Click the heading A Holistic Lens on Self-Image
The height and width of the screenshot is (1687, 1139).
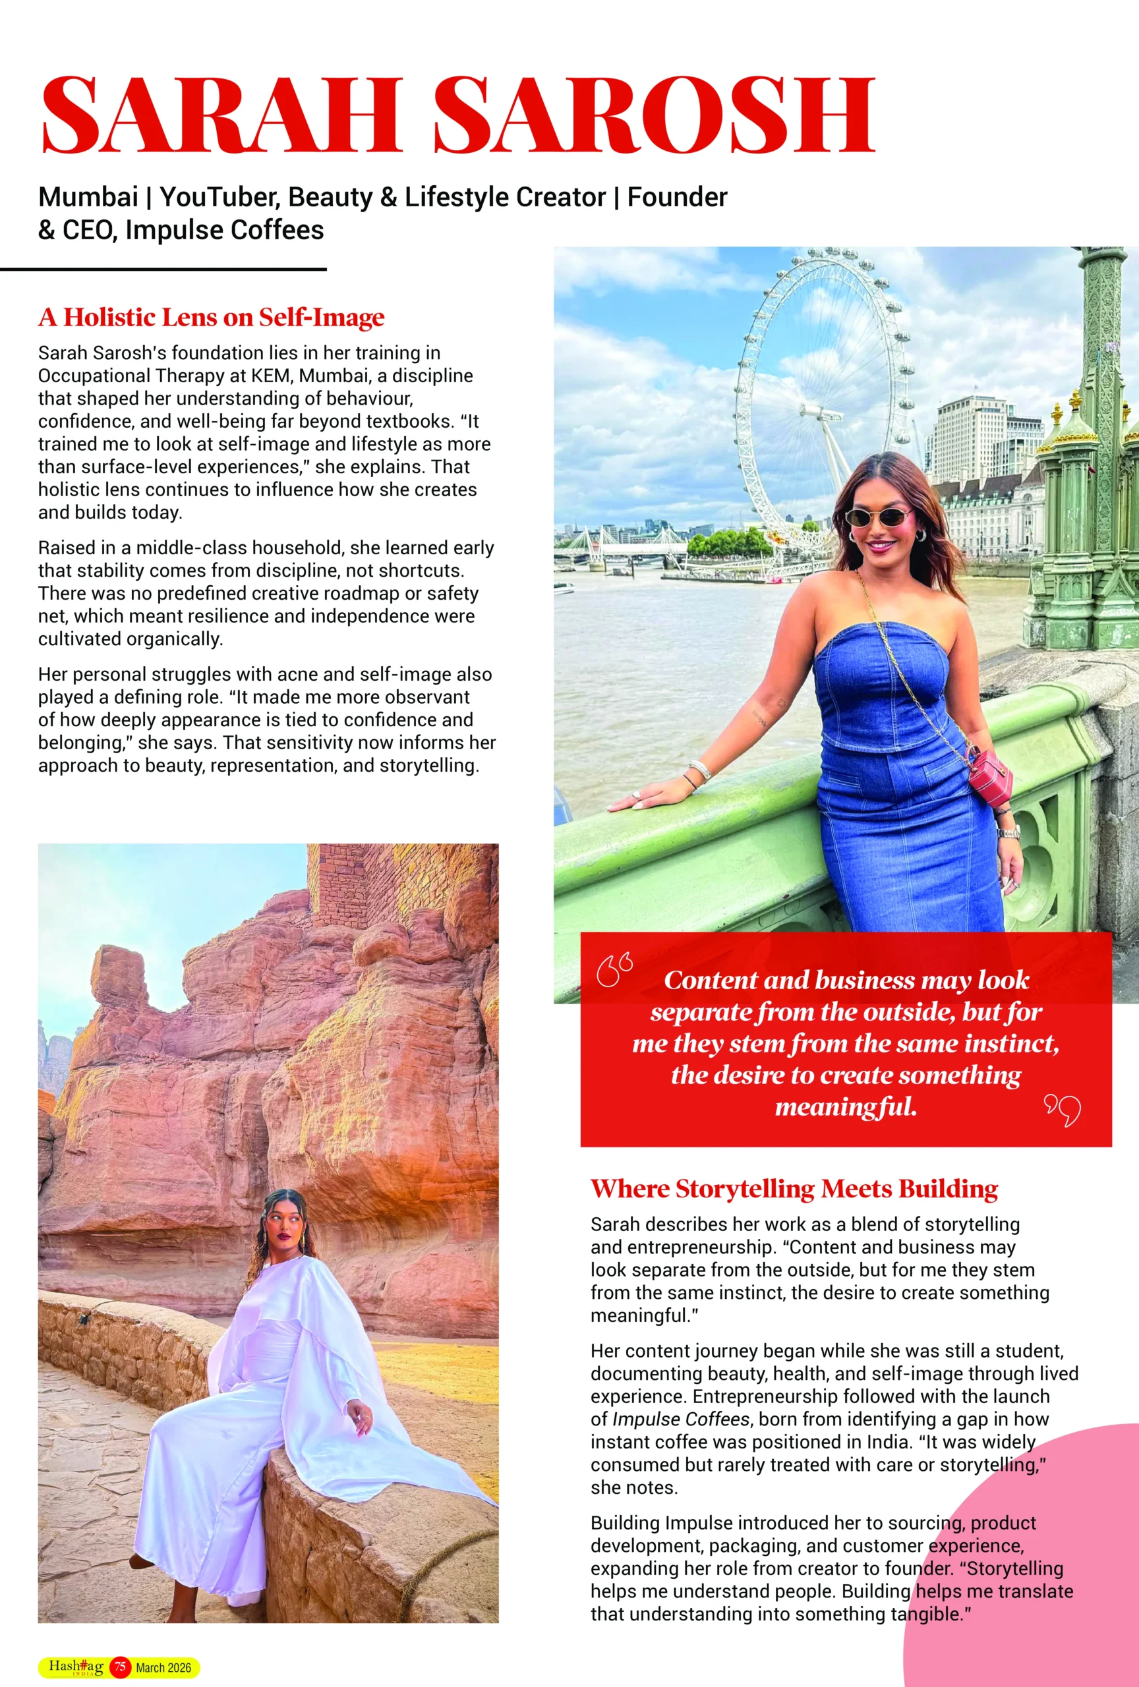(x=211, y=317)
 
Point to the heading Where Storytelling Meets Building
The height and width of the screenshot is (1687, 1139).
(x=794, y=1189)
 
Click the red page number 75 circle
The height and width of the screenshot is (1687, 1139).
(x=120, y=1667)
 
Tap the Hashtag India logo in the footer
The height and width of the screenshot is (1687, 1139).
(x=76, y=1667)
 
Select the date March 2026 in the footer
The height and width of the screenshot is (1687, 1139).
(x=163, y=1667)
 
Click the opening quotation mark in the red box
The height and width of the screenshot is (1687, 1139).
(x=614, y=970)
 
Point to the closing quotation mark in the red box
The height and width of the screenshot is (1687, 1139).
(x=1063, y=1110)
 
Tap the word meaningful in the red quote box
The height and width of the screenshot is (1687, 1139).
(x=846, y=1107)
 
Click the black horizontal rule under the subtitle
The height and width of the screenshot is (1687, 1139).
(x=163, y=270)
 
